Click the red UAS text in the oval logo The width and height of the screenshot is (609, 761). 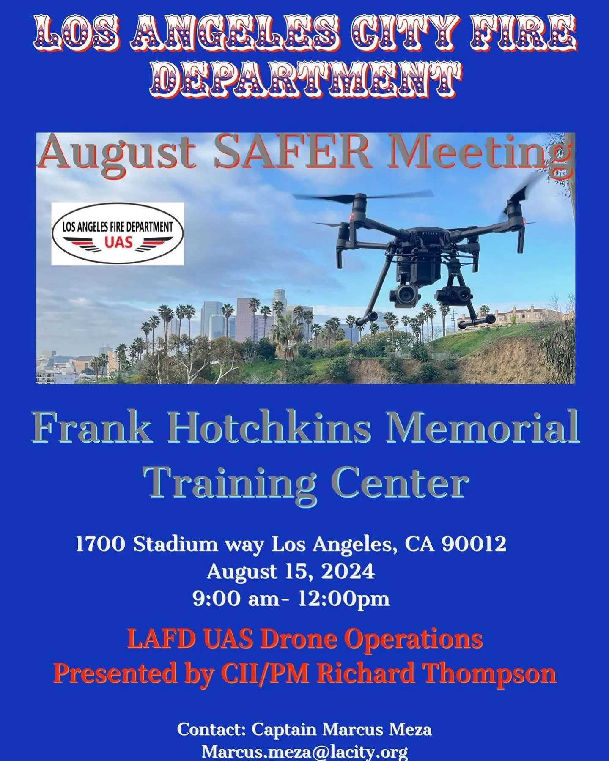(x=118, y=242)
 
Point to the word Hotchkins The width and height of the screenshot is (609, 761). (x=270, y=428)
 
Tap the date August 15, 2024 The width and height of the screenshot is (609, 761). (x=291, y=572)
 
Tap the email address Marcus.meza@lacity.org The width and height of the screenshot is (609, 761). (x=304, y=751)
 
